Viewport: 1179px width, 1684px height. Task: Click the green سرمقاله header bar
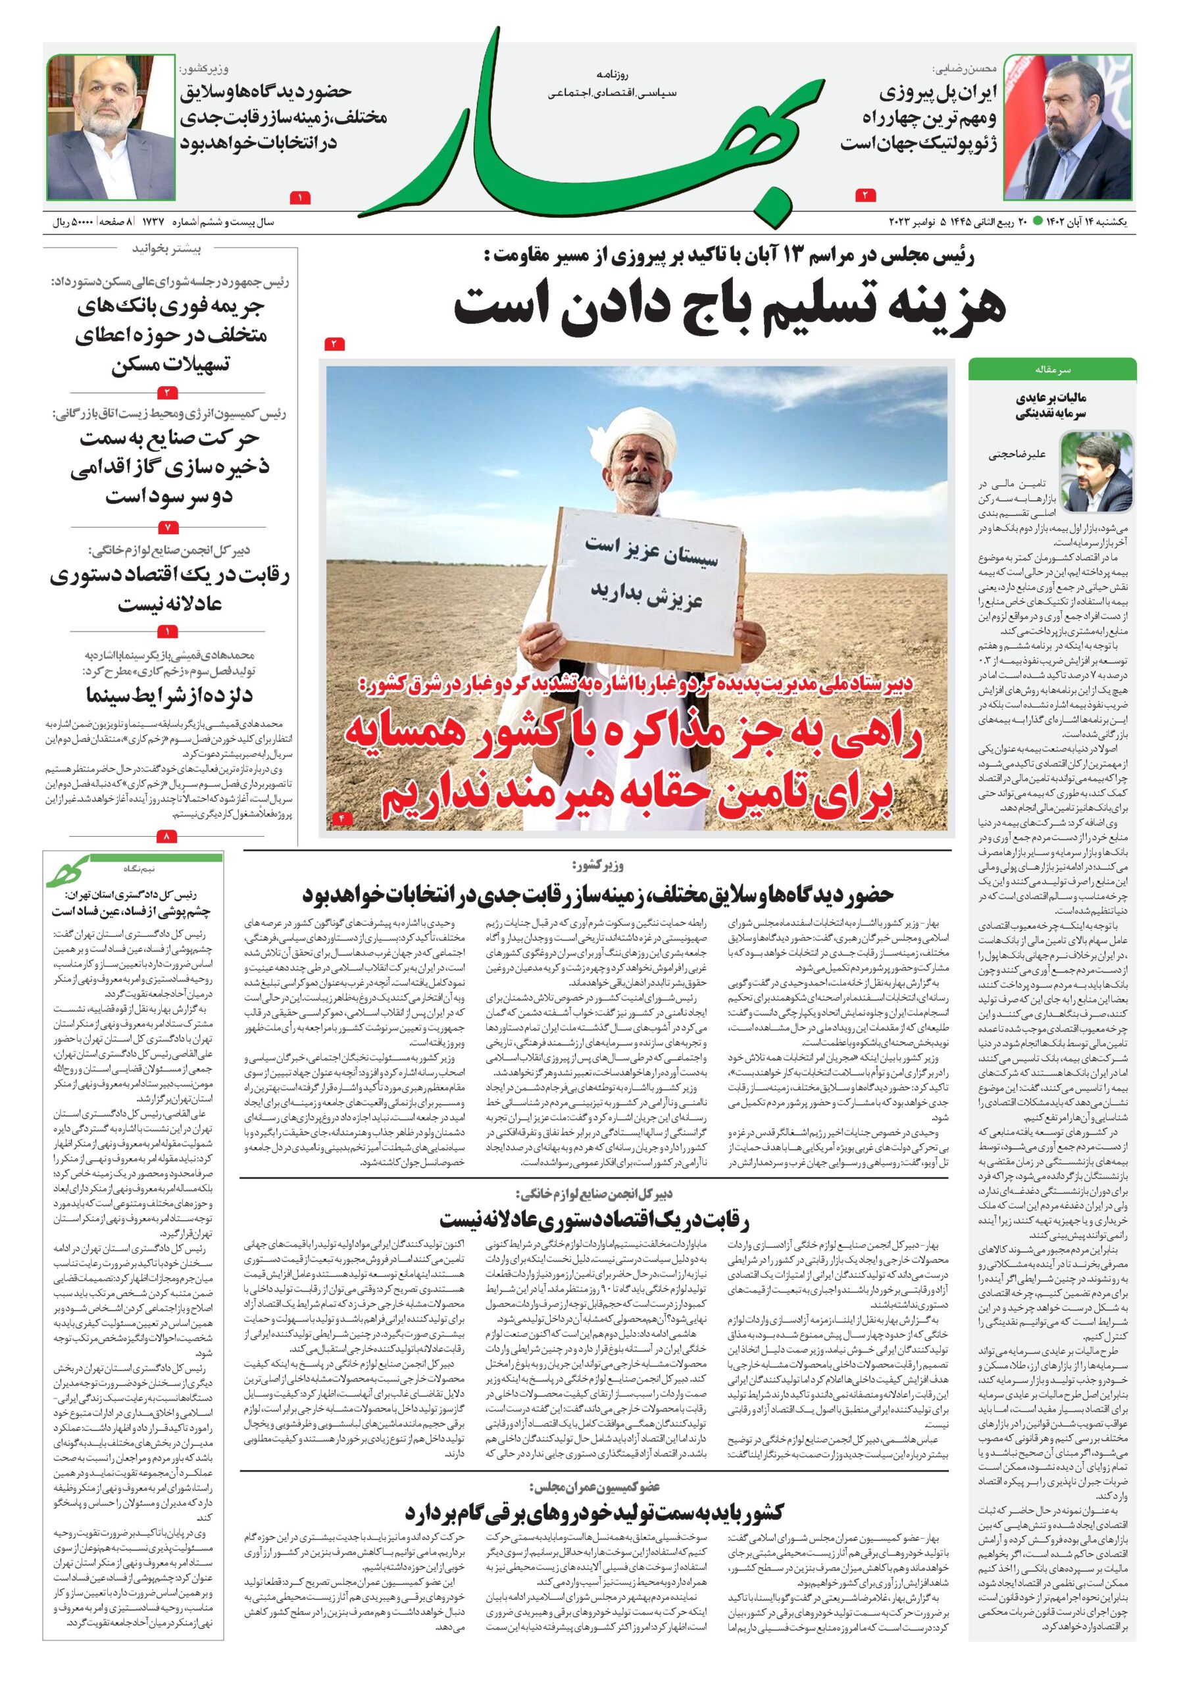coord(1051,368)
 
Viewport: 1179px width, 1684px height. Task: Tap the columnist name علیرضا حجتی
coord(1011,455)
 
